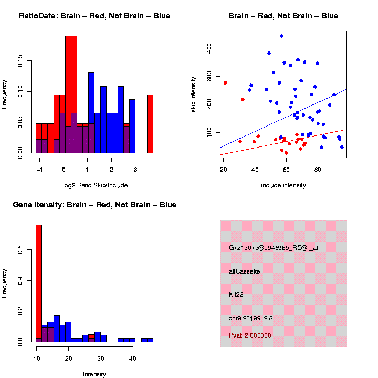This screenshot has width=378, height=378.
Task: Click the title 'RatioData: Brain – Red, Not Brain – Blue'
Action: [x=94, y=16]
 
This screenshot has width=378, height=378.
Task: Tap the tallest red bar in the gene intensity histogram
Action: [x=39, y=283]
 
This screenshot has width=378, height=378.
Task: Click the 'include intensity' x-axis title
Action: [x=283, y=185]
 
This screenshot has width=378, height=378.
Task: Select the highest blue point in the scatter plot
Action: [x=282, y=36]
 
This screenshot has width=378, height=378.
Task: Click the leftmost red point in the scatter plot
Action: [x=225, y=82]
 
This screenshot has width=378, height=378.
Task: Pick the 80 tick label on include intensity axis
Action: [x=318, y=170]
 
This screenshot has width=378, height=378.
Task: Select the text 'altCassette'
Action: [x=244, y=271]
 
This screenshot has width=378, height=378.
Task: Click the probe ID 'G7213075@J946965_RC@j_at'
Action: [x=274, y=248]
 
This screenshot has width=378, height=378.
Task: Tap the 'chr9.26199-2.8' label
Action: [x=251, y=318]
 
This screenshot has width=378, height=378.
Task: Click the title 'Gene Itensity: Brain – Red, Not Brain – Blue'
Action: [x=94, y=205]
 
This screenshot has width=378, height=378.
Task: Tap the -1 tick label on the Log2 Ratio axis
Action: [x=39, y=170]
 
